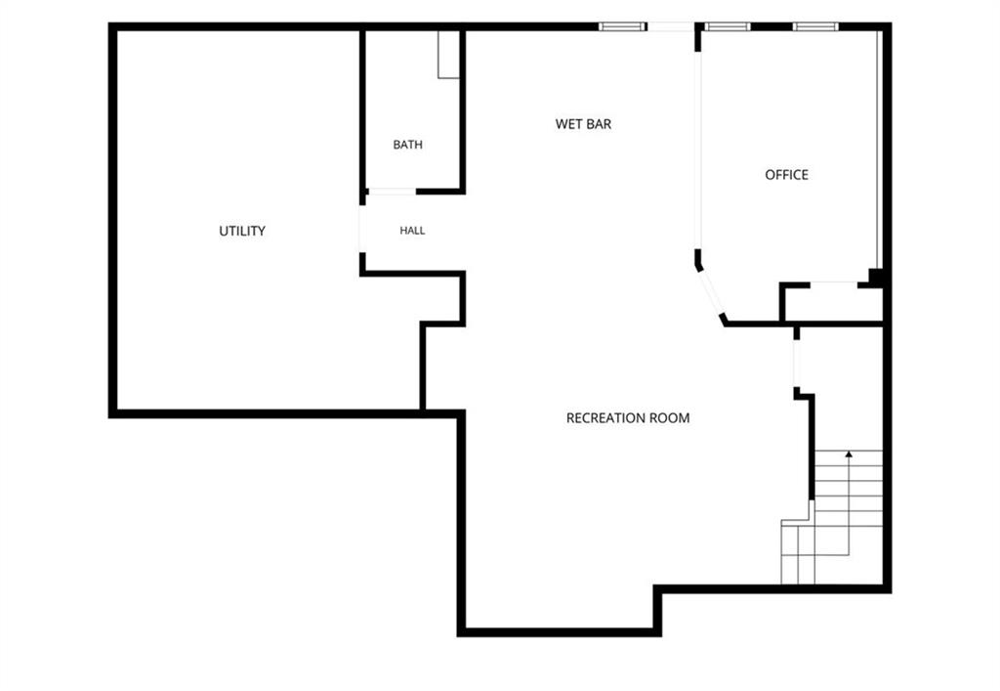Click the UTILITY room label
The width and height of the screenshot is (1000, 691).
coord(242,231)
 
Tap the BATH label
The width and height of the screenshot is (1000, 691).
coord(407,145)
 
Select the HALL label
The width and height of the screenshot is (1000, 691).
coord(412,231)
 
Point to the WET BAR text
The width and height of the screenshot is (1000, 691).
coord(583,124)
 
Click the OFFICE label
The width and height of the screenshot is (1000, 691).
coord(786,175)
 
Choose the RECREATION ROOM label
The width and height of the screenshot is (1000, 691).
coord(628,418)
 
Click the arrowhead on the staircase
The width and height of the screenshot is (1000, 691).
coord(849,453)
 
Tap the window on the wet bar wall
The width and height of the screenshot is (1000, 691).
coord(622,26)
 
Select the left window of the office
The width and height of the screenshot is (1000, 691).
coord(727,26)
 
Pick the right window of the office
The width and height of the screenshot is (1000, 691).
coord(815,26)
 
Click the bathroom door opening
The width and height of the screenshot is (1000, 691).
coord(393,192)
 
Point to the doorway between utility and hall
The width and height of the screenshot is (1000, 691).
coord(362,229)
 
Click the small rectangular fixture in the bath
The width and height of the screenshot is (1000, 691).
coord(448,55)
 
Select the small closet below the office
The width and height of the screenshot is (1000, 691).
coord(833,304)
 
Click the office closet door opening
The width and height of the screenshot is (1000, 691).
coord(834,284)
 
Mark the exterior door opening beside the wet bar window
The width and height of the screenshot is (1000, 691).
coord(671,26)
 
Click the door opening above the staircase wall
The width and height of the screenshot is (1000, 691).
coord(797,363)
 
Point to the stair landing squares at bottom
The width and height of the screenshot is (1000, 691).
coord(798,552)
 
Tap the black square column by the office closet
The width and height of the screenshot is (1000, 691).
coord(876,278)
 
